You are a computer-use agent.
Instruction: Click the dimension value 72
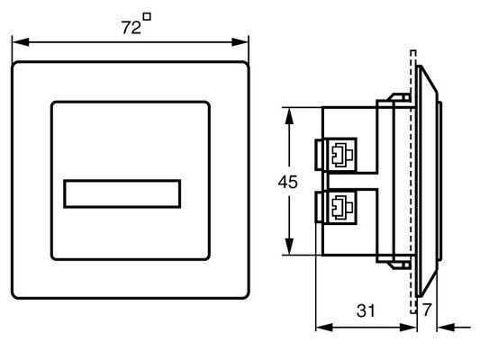[131, 28]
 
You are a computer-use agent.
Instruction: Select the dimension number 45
[287, 182]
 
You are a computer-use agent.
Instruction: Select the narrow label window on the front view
[122, 193]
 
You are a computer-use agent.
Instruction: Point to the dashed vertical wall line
[412, 180]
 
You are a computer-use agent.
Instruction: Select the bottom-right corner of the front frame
[247, 299]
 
